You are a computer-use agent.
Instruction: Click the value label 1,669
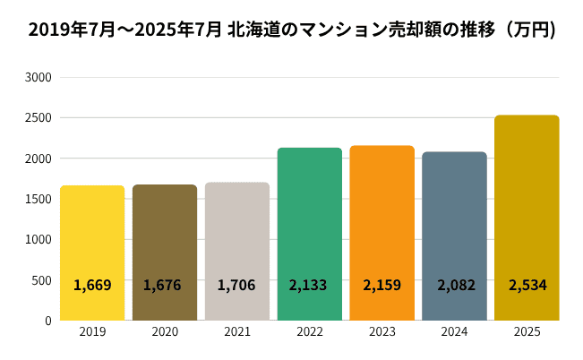92,286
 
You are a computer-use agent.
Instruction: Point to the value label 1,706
236,286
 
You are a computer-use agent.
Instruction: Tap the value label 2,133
309,286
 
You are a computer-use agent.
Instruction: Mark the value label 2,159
382,286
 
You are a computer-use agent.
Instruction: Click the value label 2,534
527,286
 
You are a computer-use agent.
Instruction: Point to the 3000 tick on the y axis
38,78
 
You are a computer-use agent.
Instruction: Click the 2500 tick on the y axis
38,118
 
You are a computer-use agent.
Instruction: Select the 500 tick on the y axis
41,280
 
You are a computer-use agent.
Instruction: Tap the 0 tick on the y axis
48,321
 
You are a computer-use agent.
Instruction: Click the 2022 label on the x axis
309,332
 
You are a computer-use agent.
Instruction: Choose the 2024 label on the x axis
454,332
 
